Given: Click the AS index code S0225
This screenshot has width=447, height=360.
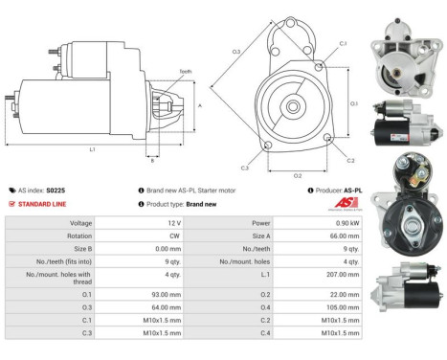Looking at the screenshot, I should pyautogui.click(x=56, y=191).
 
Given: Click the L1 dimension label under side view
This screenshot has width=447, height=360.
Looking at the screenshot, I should pyautogui.click(x=92, y=149).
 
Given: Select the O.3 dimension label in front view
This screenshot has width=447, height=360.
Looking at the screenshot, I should pyautogui.click(x=235, y=51).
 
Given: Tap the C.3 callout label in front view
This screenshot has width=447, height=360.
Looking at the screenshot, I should pyautogui.click(x=245, y=168).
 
